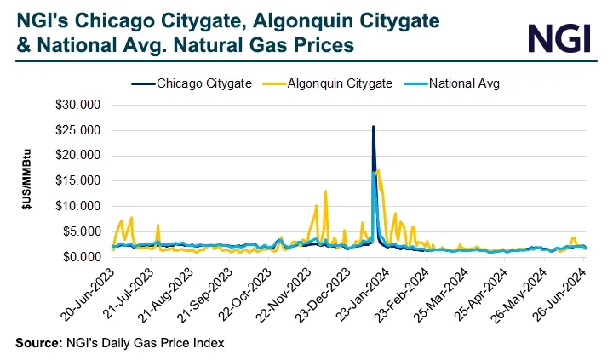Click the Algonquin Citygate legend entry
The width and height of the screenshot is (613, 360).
point(328,83)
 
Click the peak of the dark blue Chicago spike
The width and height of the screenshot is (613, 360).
point(373,127)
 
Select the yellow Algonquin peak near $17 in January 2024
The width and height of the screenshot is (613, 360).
point(378,170)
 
